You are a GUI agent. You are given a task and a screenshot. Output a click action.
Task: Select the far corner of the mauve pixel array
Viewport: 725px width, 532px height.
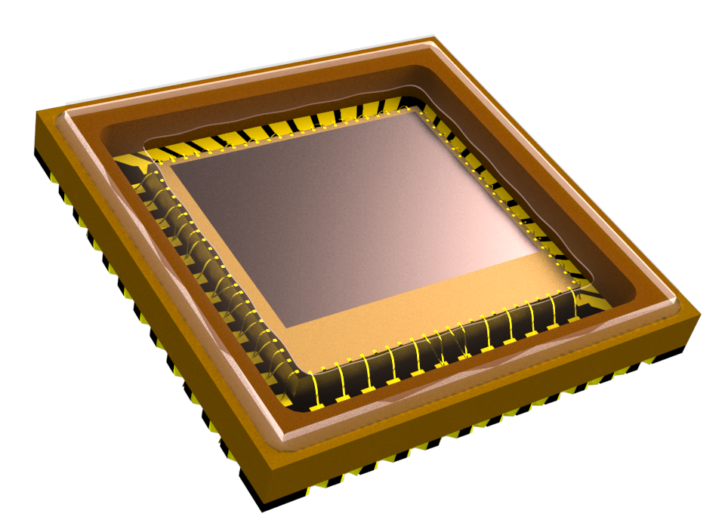pos(409,112)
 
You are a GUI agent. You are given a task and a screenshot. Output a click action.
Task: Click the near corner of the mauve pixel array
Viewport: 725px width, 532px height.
pos(288,328)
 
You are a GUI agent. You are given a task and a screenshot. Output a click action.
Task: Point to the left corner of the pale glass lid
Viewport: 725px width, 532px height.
pos(66,113)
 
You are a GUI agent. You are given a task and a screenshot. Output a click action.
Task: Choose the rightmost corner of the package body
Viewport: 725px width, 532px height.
pos(700,315)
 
